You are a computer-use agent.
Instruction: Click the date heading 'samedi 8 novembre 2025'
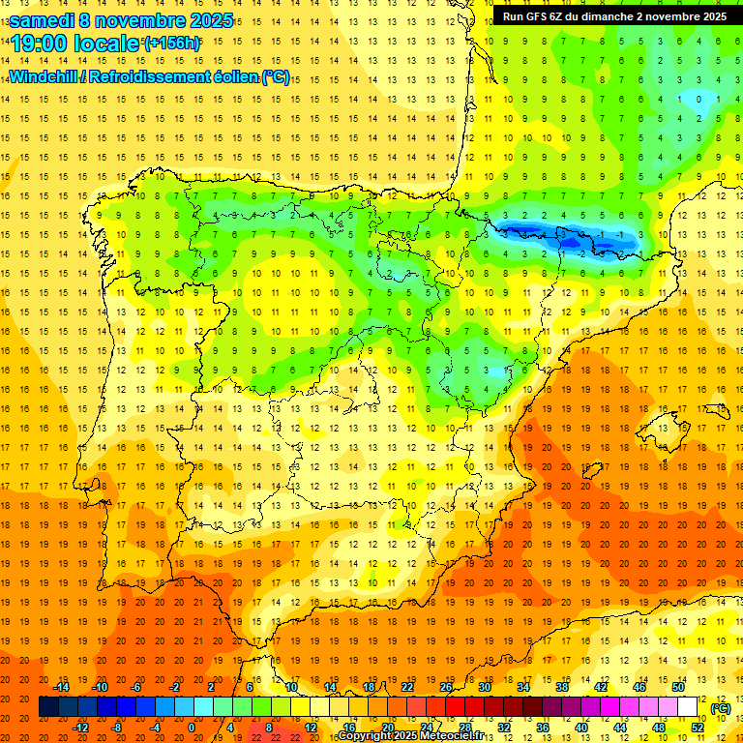tap(121, 20)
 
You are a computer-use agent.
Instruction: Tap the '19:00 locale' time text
tap(75, 45)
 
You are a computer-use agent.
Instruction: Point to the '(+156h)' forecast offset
tap(172, 44)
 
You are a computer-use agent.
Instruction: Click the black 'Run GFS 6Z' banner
tap(614, 16)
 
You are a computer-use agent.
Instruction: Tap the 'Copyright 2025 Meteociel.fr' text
tap(410, 736)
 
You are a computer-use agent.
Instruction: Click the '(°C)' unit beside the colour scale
tap(720, 708)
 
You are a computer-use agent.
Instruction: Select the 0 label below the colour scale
tap(191, 728)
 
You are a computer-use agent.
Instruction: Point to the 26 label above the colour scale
tap(446, 687)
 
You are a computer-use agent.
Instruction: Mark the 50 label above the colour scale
tap(678, 687)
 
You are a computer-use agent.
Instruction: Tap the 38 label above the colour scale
tap(562, 687)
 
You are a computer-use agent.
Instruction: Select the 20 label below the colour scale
tap(387, 728)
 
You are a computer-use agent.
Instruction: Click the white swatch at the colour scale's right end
tap(688, 707)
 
